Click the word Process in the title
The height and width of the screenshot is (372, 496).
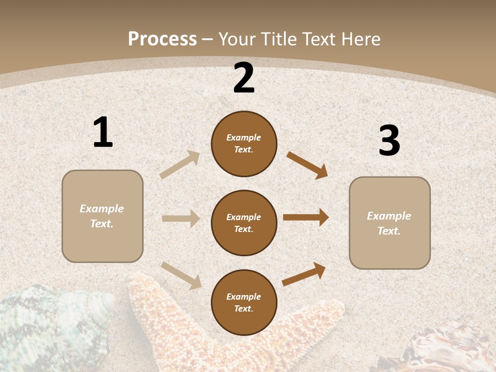pyautogui.click(x=162, y=39)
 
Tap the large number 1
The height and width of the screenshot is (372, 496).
pyautogui.click(x=103, y=133)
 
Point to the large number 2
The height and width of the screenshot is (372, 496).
pyautogui.click(x=244, y=79)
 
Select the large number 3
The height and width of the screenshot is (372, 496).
pyautogui.click(x=389, y=141)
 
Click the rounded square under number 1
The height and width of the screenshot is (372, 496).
pyautogui.click(x=102, y=216)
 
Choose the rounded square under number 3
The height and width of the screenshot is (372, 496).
pyautogui.click(x=390, y=223)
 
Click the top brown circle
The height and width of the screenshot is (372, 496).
pyautogui.click(x=244, y=144)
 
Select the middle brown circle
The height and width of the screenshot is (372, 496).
pyautogui.click(x=244, y=223)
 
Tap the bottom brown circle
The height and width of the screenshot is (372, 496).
pyautogui.click(x=244, y=303)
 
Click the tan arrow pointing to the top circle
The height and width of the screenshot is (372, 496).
pyautogui.click(x=180, y=165)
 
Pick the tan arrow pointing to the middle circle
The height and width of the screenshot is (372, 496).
pyautogui.click(x=181, y=219)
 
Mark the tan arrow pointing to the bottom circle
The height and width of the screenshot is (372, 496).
pyautogui.click(x=181, y=275)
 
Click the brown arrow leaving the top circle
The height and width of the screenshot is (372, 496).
pyautogui.click(x=307, y=165)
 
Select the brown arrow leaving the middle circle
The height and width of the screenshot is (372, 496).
pyautogui.click(x=306, y=218)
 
